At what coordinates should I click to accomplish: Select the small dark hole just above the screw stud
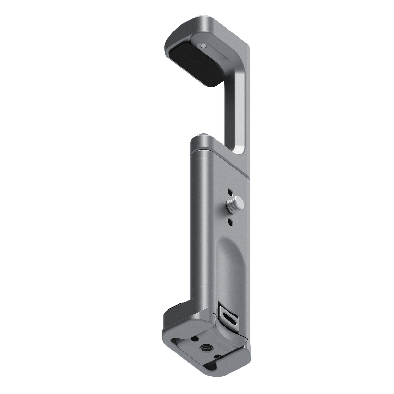[x=230, y=192]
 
